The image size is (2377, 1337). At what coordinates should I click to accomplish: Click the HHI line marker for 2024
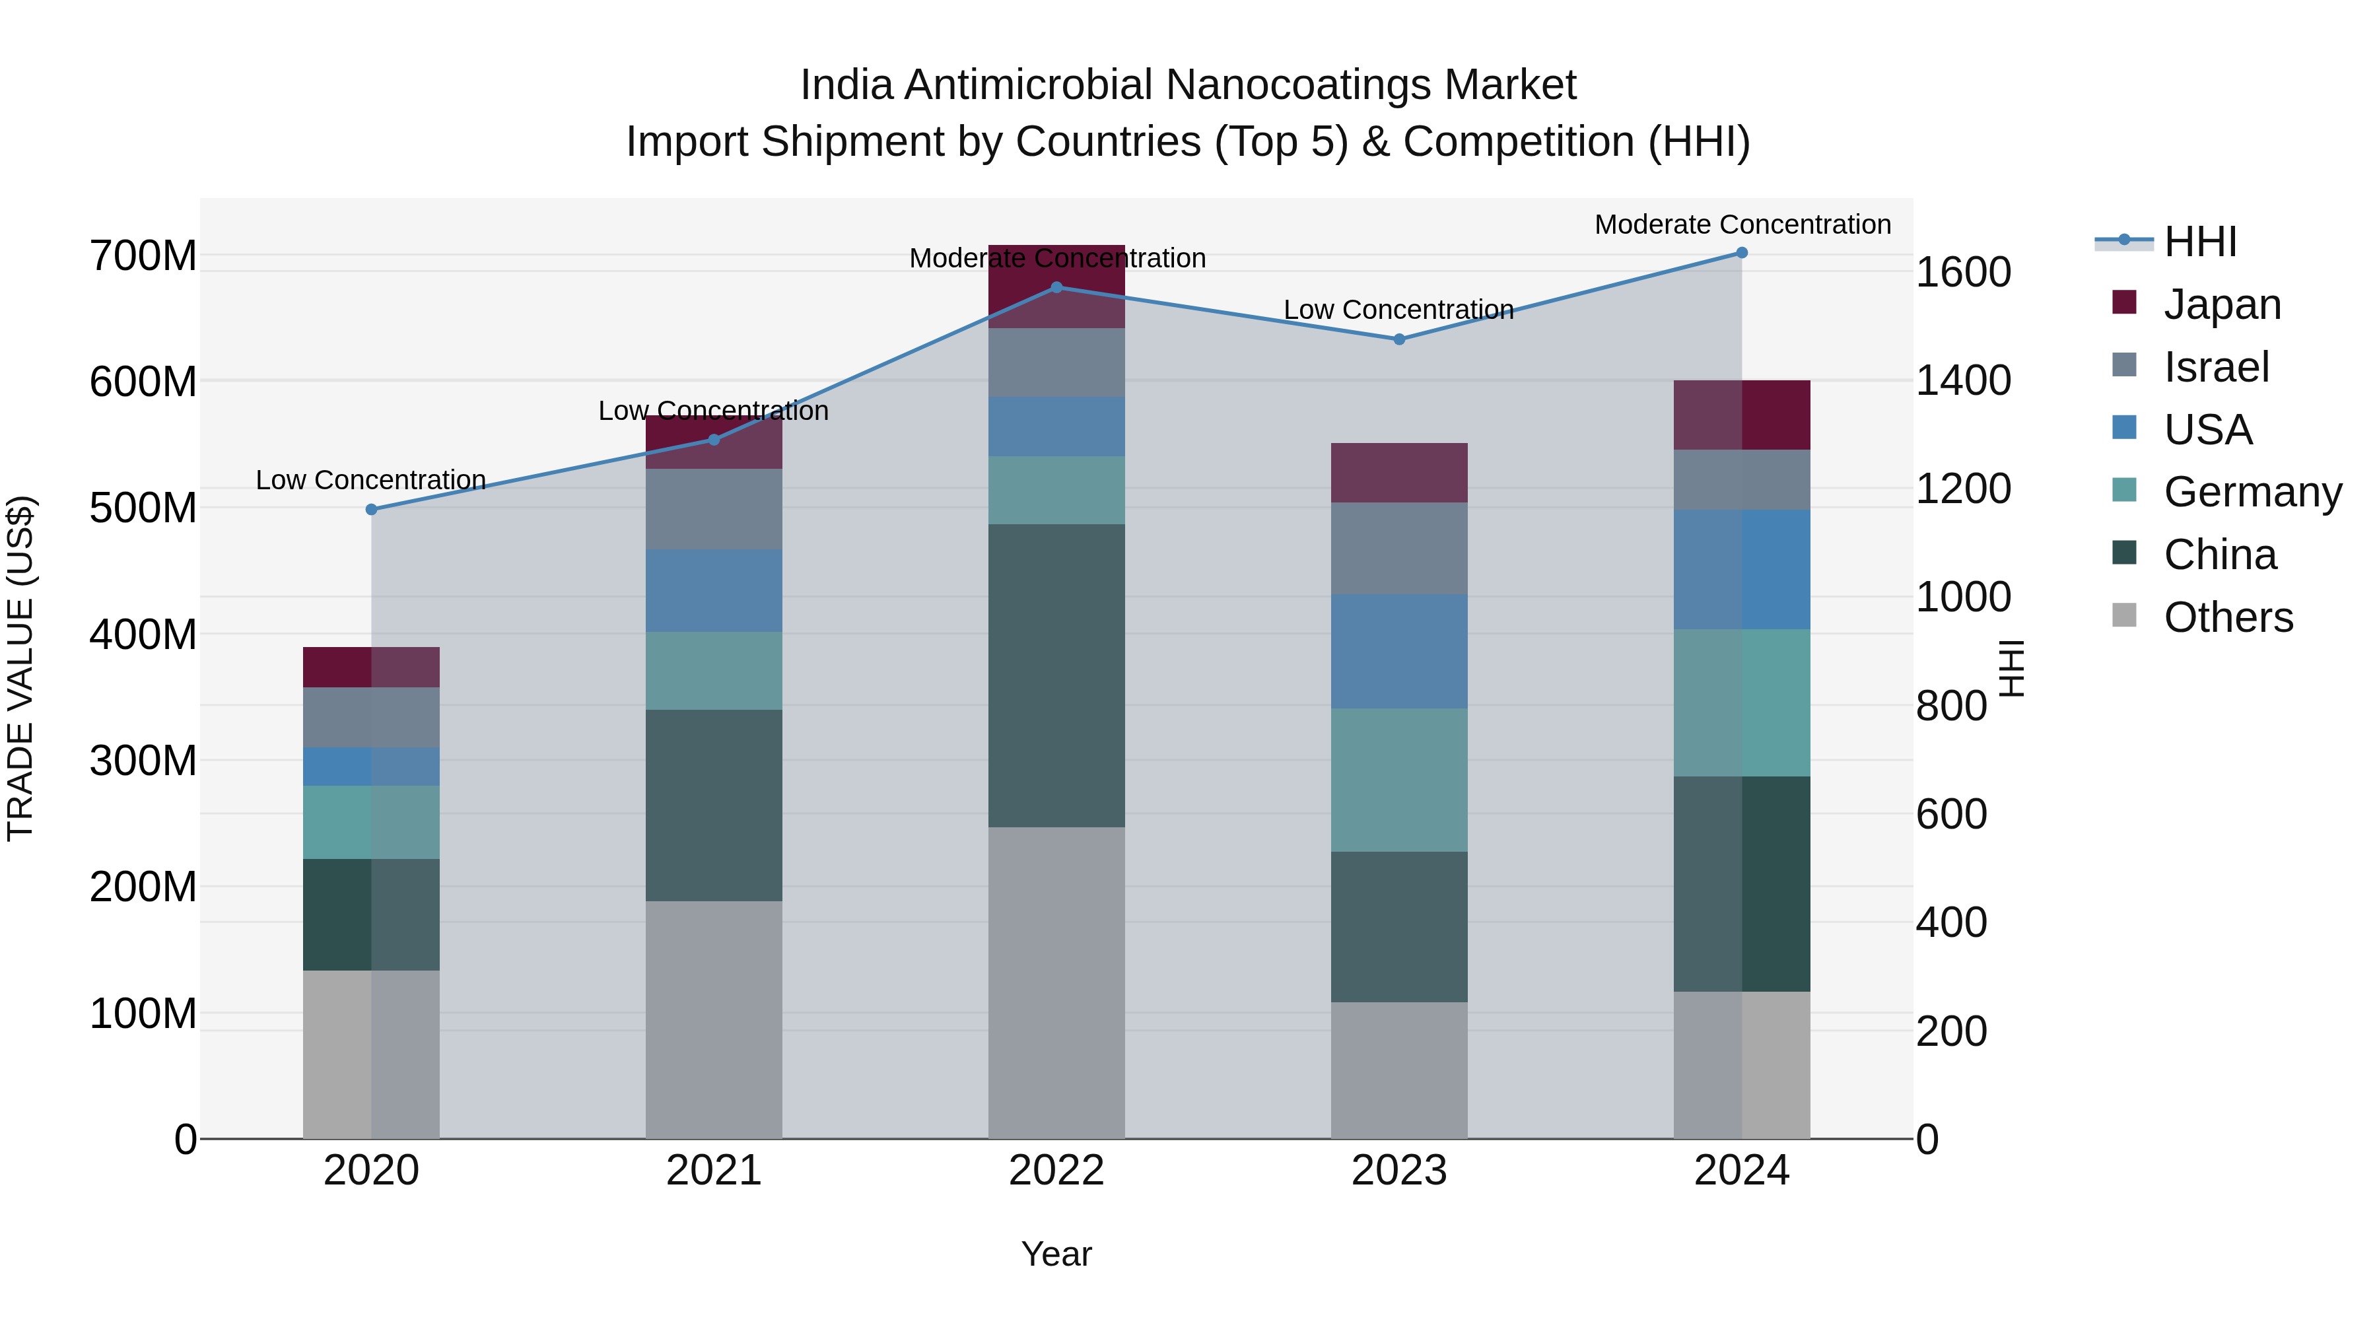[1741, 253]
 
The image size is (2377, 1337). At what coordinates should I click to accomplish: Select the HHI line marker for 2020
[372, 509]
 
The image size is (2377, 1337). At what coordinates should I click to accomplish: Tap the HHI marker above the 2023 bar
[1399, 339]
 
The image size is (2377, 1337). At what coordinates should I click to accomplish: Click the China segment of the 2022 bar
[1056, 675]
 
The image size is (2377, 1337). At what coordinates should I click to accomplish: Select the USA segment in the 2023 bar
[1399, 652]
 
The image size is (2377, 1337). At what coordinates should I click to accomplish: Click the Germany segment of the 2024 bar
[1741, 703]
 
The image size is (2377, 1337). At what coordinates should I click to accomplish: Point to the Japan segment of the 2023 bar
[1399, 473]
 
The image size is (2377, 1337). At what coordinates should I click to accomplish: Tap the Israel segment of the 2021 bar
[713, 509]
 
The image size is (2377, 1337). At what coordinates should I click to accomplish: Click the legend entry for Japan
[2221, 304]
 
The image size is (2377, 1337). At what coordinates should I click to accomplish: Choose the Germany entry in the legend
[2252, 492]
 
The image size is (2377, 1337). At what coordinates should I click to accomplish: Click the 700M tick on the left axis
[143, 256]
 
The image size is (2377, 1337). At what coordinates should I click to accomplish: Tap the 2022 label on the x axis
[1056, 1171]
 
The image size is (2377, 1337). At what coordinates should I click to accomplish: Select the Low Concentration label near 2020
[371, 480]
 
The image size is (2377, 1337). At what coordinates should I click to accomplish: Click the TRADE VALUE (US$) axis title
[20, 668]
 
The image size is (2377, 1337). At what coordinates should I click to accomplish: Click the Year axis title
[1056, 1254]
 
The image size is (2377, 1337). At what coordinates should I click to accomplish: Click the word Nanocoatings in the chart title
[1333, 85]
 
